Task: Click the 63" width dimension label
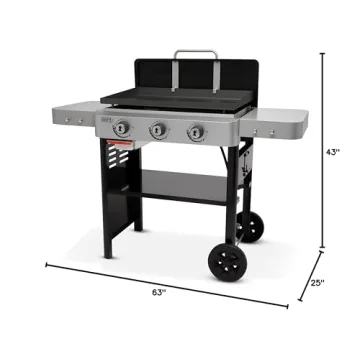[157, 293]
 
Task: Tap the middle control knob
[158, 130]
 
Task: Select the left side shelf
[69, 114]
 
